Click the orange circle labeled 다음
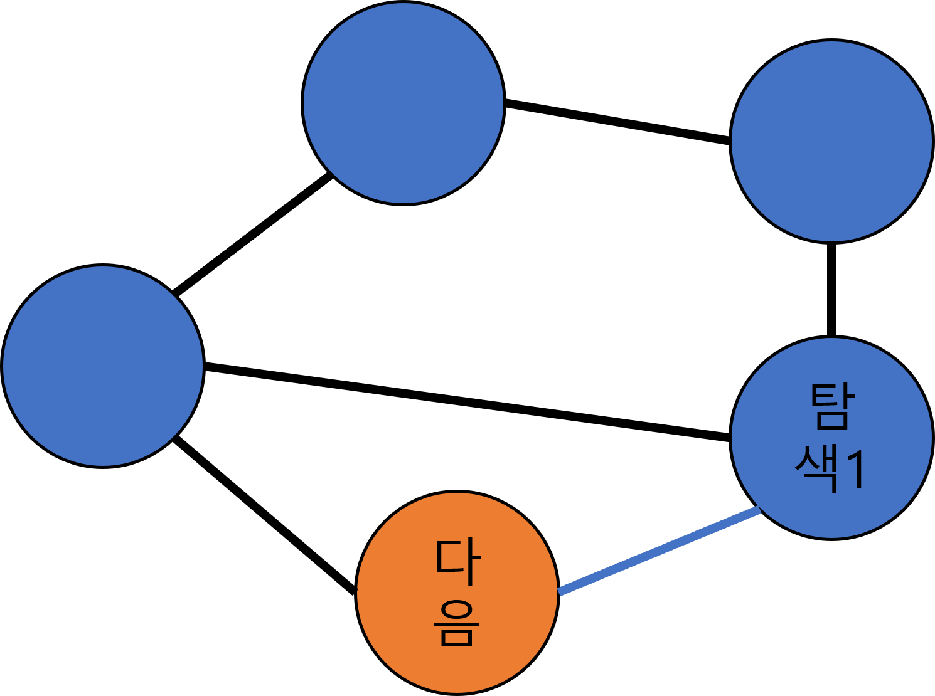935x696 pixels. click(x=457, y=593)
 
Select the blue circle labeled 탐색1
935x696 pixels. click(x=831, y=437)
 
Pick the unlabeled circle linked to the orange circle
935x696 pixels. click(x=103, y=366)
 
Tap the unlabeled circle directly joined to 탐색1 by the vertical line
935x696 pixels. click(x=831, y=141)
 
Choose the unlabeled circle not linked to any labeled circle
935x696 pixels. click(x=403, y=103)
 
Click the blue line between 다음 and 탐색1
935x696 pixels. click(x=660, y=551)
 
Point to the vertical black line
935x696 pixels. click(x=831, y=290)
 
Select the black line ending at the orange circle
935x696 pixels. click(x=265, y=515)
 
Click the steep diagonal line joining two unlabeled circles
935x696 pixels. click(x=252, y=235)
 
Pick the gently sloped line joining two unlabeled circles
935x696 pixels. click(x=617, y=122)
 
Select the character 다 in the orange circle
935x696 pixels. click(x=458, y=561)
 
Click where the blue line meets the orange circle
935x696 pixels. click(x=559, y=591)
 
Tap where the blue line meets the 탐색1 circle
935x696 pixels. click(x=759, y=510)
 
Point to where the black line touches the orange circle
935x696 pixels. click(x=355, y=591)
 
